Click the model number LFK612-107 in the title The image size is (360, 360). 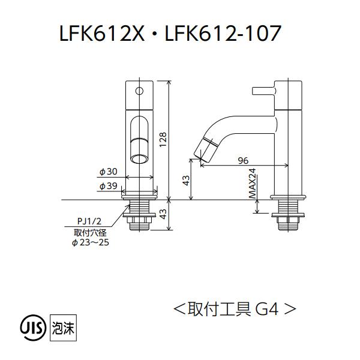[x=223, y=34]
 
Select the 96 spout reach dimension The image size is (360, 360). [x=243, y=160]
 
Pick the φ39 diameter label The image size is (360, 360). [x=108, y=187]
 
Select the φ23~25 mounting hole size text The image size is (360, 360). [x=90, y=242]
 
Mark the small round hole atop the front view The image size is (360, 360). [x=140, y=92]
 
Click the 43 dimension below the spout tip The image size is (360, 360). [x=187, y=180]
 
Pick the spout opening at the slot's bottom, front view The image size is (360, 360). [x=140, y=158]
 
